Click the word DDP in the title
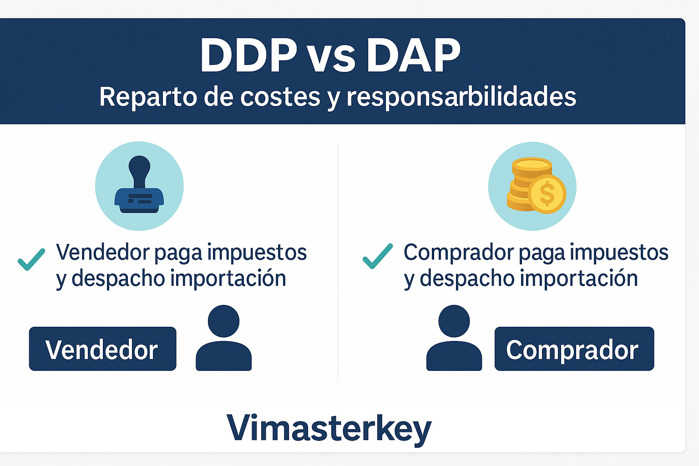coord(248,56)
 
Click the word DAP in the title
coord(413,56)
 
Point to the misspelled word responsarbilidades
coord(461,96)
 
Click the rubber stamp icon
coord(139,187)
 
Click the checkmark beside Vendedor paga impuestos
coord(31,259)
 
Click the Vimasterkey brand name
coord(329,428)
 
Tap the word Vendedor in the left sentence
coord(103,252)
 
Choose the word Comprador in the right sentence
coord(459,252)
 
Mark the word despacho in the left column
coord(118,279)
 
